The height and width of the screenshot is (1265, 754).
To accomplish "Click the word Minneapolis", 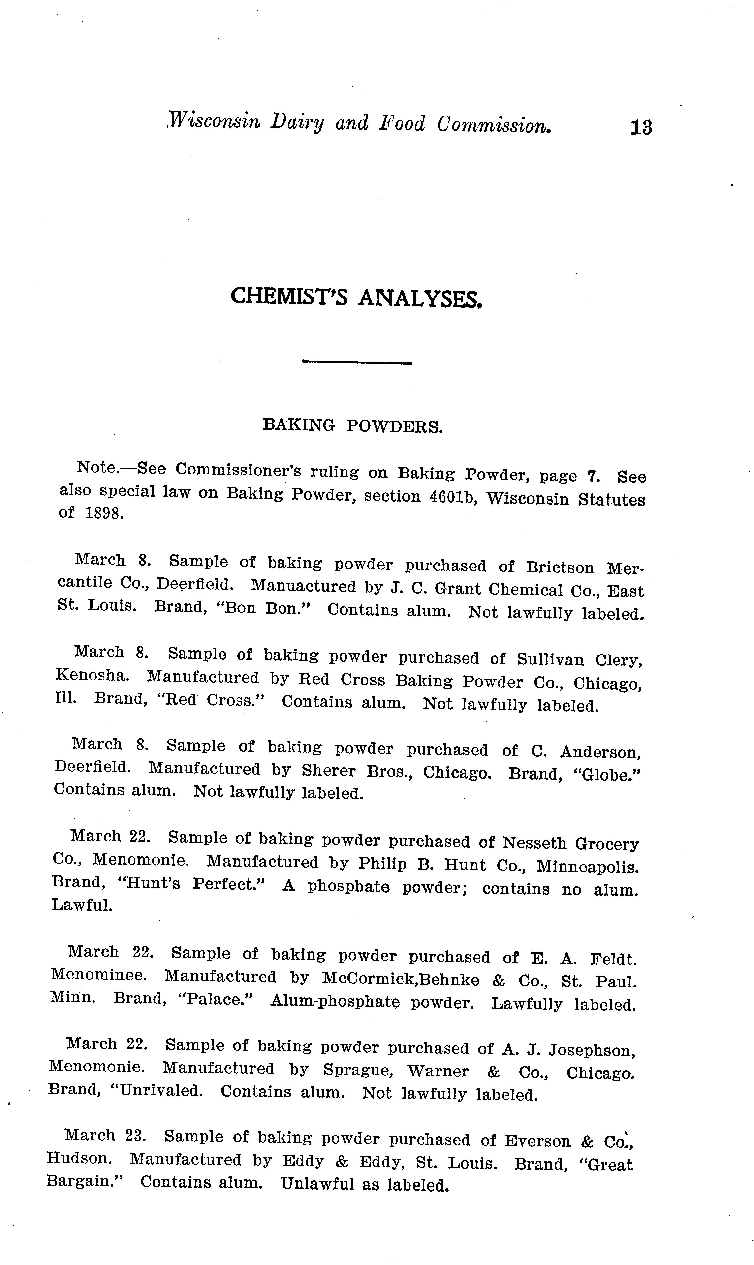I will pos(588,866).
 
